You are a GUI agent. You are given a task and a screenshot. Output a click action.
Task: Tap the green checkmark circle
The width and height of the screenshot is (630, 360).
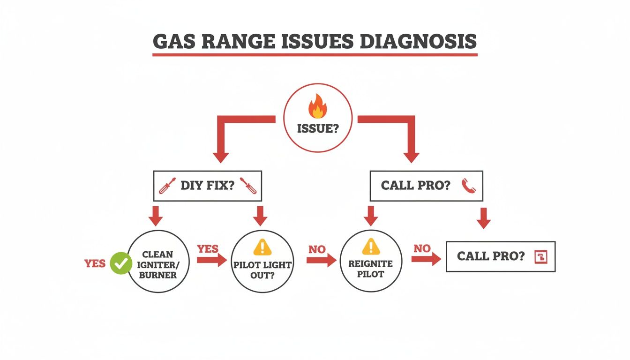tap(121, 263)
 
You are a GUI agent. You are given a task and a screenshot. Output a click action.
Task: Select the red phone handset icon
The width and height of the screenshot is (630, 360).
tap(468, 186)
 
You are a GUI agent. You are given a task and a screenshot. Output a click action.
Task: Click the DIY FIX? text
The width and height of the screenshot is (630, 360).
tap(207, 186)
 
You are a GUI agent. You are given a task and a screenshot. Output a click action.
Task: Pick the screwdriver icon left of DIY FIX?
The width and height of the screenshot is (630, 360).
tap(167, 186)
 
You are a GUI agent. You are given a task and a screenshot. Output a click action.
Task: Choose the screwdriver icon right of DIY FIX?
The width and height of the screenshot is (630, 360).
tap(248, 186)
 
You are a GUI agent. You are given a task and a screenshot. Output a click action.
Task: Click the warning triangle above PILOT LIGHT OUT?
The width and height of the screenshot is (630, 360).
tap(262, 247)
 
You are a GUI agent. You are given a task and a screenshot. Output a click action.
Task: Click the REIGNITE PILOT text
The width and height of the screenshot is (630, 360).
tap(370, 268)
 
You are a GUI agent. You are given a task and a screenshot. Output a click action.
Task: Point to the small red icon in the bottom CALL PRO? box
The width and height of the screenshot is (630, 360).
tap(541, 256)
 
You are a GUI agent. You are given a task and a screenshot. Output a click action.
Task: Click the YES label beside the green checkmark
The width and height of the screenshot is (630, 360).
tap(95, 263)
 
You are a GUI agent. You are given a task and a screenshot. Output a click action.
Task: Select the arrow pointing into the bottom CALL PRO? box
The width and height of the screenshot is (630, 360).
tap(426, 258)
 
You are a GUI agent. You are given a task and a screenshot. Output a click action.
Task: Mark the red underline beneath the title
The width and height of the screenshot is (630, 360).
tap(315, 55)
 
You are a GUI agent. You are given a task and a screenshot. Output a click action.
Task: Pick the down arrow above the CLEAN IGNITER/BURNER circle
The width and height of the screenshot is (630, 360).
tap(156, 216)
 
